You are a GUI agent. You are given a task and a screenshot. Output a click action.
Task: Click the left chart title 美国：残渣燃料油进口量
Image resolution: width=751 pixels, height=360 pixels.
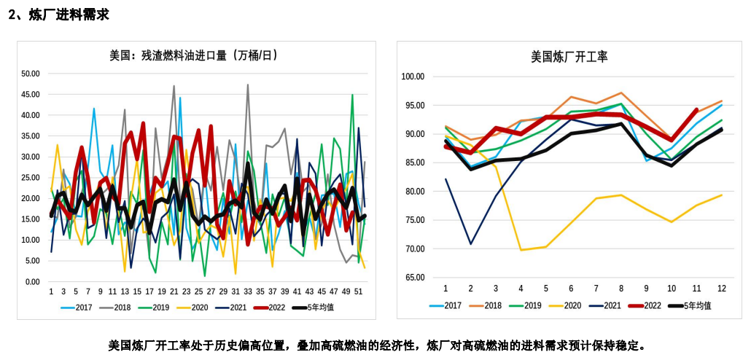coord(193,55)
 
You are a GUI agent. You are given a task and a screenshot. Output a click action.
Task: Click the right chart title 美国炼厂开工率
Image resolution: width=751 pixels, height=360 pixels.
coord(569,56)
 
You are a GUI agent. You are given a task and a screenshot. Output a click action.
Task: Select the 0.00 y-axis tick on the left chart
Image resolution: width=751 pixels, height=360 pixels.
coord(32,282)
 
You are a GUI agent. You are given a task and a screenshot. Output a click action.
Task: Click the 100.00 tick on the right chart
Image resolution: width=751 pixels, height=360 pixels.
coord(413,77)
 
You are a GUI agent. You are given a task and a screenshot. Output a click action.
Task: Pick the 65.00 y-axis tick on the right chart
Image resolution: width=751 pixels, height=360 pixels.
coord(414,278)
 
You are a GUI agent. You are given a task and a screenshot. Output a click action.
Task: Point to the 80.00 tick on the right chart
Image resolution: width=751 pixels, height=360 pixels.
coord(414,192)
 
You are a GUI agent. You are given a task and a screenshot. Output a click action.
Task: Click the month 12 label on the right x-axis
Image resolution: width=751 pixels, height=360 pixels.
coord(722,289)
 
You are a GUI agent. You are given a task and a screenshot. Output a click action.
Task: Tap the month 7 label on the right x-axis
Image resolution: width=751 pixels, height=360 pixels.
coord(596,289)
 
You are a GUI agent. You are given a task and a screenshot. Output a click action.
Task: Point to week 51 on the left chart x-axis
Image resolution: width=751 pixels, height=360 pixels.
coord(359,291)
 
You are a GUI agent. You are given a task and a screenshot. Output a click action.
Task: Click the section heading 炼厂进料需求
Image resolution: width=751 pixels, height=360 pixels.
coord(64,14)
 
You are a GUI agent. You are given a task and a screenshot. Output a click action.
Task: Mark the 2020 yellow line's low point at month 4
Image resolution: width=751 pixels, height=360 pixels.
coord(521,250)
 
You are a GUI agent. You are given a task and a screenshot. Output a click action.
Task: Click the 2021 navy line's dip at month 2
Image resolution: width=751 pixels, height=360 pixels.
coord(470,243)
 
